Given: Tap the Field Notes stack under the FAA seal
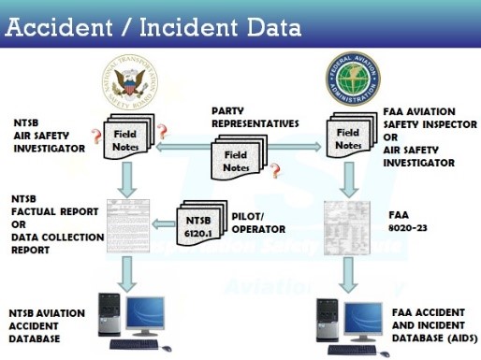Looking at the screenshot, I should coord(347,137).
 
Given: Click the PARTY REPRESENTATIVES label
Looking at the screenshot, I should coord(255,117).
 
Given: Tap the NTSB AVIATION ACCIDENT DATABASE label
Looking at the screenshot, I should coord(46,324).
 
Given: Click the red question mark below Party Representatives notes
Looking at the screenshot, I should coord(275,171).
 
